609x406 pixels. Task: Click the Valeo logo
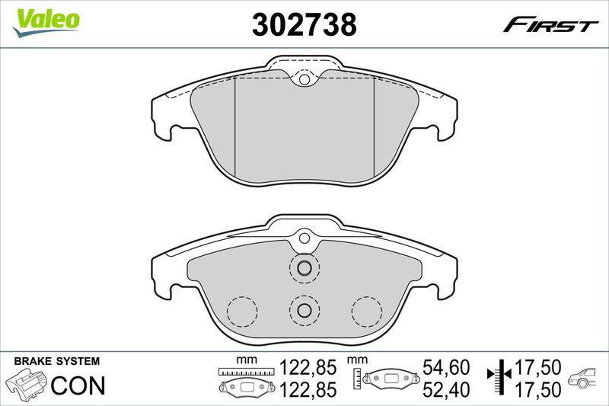46,23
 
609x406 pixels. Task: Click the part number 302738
304,24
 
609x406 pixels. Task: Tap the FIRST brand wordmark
550,25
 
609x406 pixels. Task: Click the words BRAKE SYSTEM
56,361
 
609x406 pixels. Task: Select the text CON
78,385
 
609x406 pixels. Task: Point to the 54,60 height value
446,367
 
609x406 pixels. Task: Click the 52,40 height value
446,389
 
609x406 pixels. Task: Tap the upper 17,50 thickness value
537,367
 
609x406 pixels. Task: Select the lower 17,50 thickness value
537,389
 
